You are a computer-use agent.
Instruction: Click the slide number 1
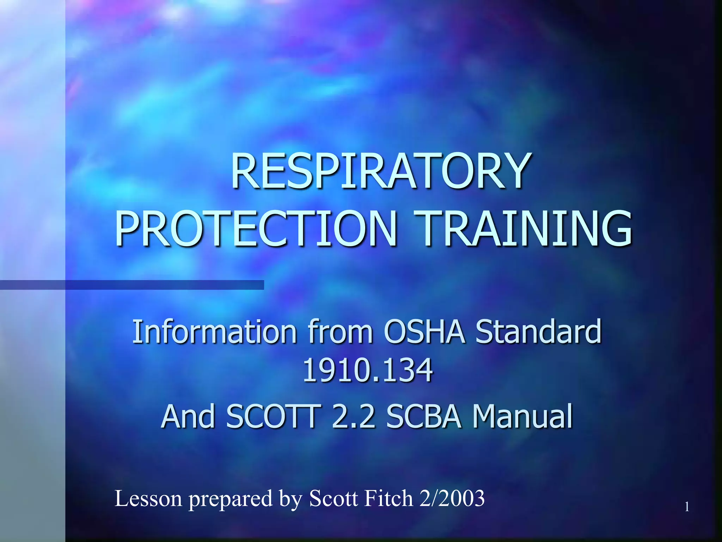(x=687, y=507)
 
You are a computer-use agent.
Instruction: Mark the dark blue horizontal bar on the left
(x=132, y=285)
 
